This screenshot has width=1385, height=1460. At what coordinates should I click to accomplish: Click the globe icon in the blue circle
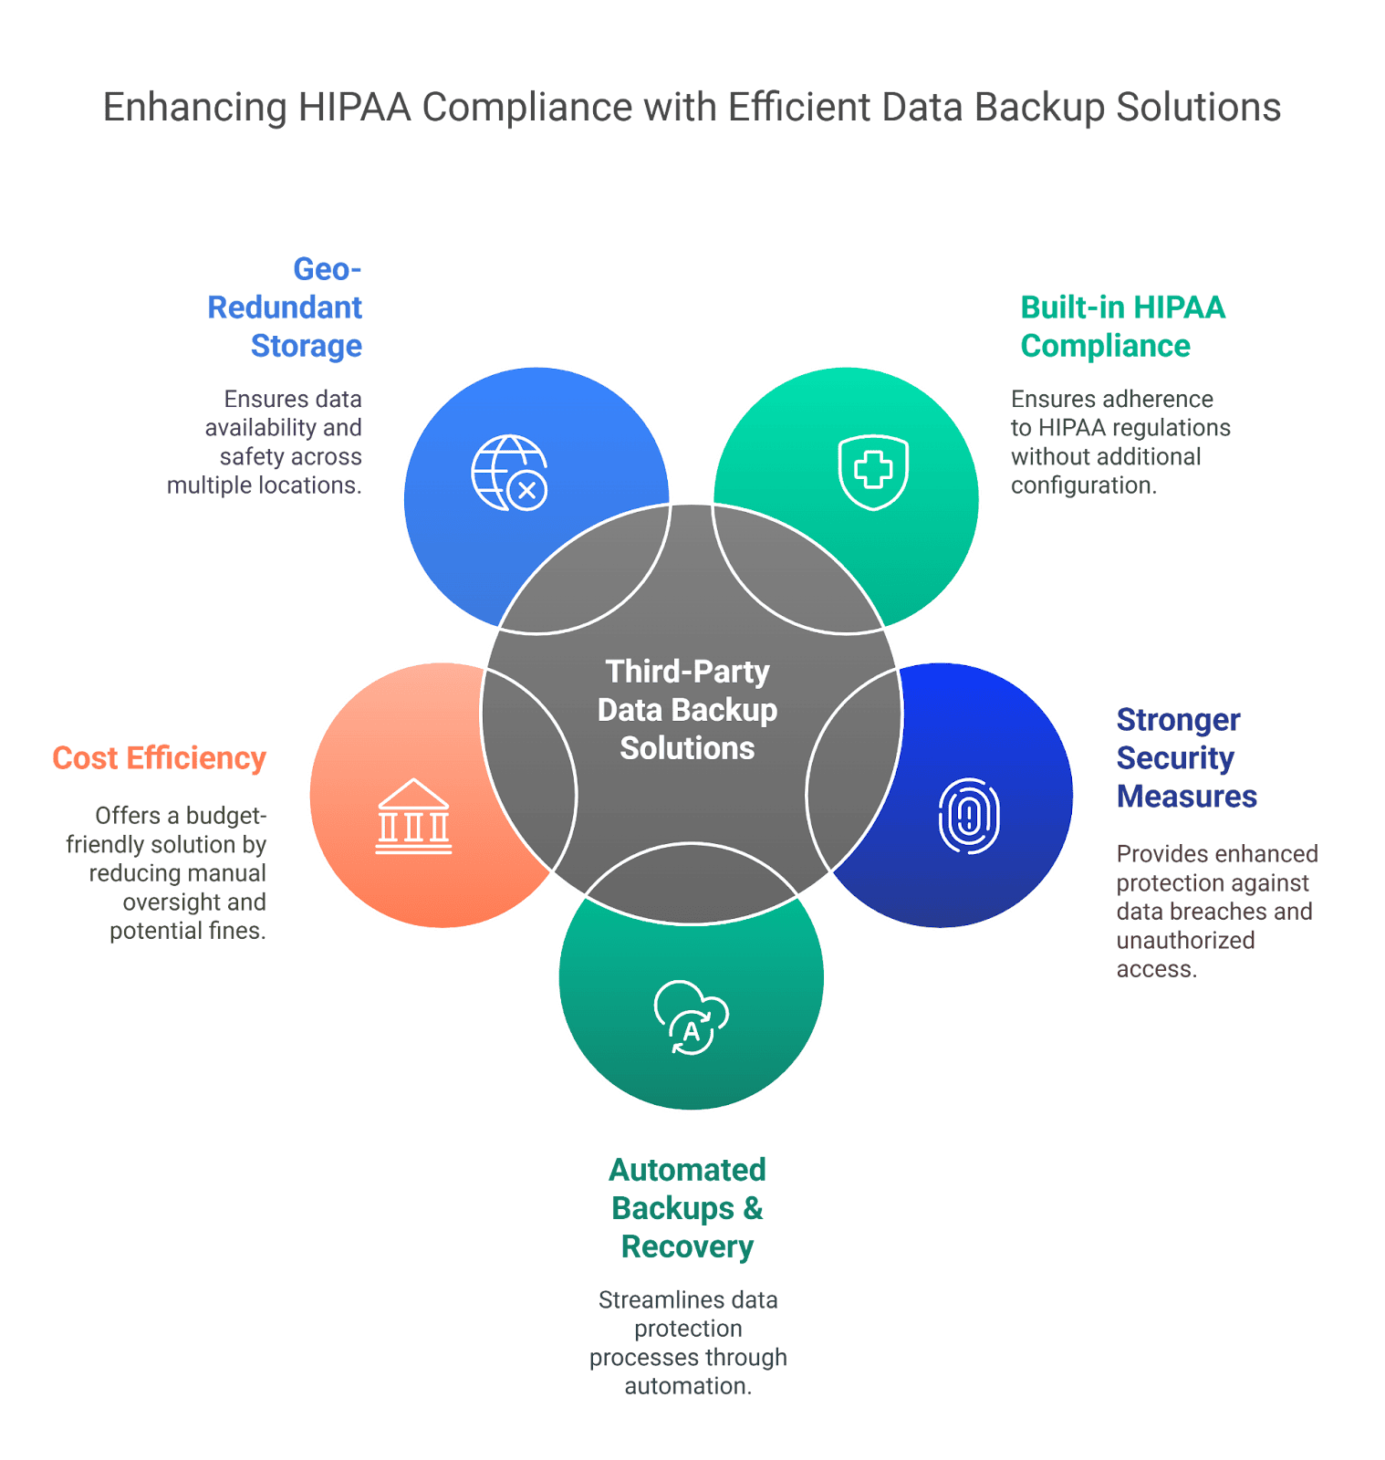[x=507, y=472]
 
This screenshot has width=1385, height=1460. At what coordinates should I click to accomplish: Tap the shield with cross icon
[x=873, y=471]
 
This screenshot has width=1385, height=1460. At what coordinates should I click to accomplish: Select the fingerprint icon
[x=969, y=816]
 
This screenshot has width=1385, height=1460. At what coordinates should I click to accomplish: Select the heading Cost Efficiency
[x=159, y=758]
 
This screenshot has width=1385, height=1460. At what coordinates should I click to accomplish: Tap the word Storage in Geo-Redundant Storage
[x=306, y=346]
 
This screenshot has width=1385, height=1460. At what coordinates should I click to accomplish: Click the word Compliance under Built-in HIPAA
[x=1105, y=346]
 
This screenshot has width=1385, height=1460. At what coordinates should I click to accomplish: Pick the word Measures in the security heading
[x=1186, y=797]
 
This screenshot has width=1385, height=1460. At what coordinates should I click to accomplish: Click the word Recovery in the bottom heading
[x=687, y=1246]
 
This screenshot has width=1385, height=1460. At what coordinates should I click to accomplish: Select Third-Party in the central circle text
[x=687, y=672]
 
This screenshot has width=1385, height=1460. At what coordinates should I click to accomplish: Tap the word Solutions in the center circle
[x=687, y=748]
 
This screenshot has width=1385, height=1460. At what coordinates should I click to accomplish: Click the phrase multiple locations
[x=264, y=485]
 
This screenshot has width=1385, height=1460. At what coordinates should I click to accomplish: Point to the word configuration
[x=1082, y=485]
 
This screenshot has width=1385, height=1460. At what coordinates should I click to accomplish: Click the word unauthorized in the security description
[x=1185, y=941]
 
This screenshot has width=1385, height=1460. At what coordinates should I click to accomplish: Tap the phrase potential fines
[x=187, y=932]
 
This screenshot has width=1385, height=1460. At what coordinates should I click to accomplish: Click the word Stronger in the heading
[x=1178, y=720]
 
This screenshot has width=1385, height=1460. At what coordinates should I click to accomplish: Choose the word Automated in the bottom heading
[x=687, y=1170]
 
